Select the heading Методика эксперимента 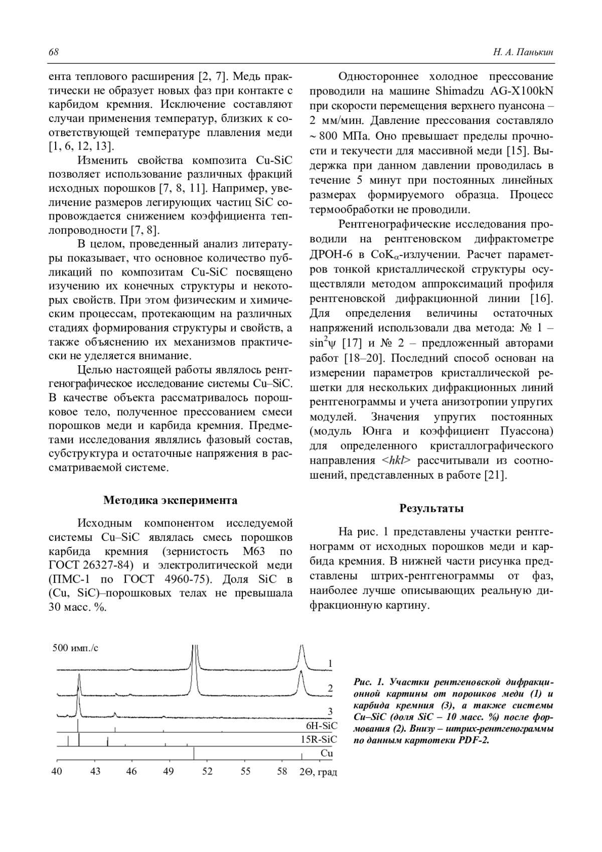coord(170,500)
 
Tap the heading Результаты coord(431,508)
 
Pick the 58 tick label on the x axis coord(282,771)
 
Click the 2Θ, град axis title coord(319,772)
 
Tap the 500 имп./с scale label coord(76,648)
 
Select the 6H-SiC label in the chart coord(322,726)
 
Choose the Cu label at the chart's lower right coord(327,753)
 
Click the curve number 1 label coord(330,664)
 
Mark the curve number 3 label coord(330,711)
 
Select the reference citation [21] coord(495,475)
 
